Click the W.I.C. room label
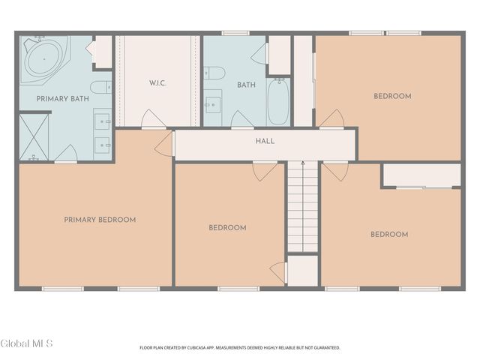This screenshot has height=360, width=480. pyautogui.click(x=157, y=83)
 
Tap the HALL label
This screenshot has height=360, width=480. pyautogui.click(x=265, y=141)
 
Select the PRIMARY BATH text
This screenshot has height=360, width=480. pyautogui.click(x=63, y=99)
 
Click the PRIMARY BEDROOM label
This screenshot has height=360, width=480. pyautogui.click(x=100, y=220)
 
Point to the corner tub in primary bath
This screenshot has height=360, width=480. pyautogui.click(x=43, y=59)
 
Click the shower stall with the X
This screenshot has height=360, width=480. pyautogui.click(x=34, y=137)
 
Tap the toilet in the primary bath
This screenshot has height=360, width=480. pyautogui.click(x=101, y=87)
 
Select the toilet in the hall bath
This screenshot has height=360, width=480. pyautogui.click(x=214, y=73)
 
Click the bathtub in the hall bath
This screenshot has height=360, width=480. pyautogui.click(x=278, y=102)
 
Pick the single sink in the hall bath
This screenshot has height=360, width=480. pyautogui.click(x=213, y=105)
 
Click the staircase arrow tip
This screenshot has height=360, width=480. pyautogui.click(x=303, y=162)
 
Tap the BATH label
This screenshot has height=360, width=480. pyautogui.click(x=247, y=85)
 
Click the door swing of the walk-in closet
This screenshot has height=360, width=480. pyautogui.click(x=153, y=118)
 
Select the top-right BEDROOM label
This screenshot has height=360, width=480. pyautogui.click(x=392, y=96)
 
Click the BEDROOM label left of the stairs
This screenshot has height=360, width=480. pyautogui.click(x=227, y=228)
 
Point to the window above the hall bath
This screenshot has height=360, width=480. pyautogui.click(x=235, y=33)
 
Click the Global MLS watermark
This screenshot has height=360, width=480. pyautogui.click(x=26, y=343)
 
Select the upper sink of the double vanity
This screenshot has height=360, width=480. pyautogui.click(x=102, y=121)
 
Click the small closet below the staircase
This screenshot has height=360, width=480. pyautogui.click(x=303, y=271)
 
